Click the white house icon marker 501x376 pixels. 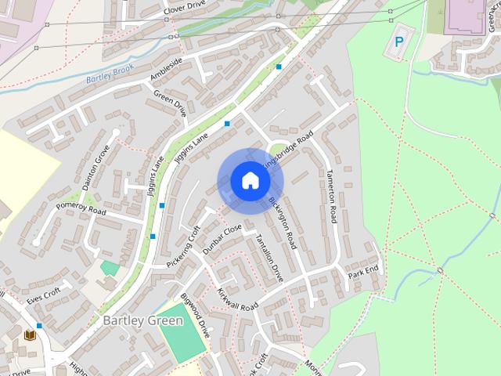click(250, 180)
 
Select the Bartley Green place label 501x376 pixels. click(143, 320)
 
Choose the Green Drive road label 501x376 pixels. click(171, 103)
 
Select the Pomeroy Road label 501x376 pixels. click(80, 211)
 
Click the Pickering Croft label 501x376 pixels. click(184, 247)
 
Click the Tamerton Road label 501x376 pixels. click(332, 196)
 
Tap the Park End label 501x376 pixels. click(364, 273)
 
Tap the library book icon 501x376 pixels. click(30, 335)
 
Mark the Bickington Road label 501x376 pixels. click(283, 222)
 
